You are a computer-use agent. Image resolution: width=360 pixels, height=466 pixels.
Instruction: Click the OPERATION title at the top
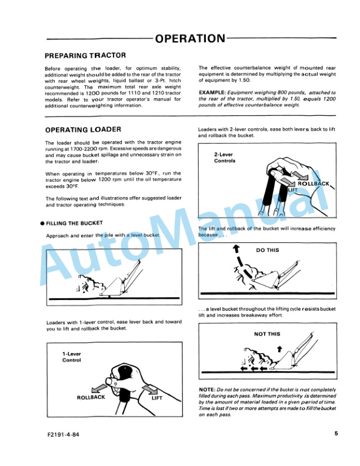190,39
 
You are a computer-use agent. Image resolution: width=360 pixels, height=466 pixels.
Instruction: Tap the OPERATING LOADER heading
83,129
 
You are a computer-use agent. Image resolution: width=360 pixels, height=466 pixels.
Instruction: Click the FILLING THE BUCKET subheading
74,223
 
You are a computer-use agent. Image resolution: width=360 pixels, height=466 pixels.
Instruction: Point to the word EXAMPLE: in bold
212,93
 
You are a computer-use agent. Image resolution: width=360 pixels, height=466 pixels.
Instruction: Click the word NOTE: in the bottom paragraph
208,391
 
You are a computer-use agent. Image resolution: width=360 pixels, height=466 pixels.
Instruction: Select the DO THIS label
268,250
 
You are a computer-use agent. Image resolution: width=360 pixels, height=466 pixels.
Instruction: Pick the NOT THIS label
267,334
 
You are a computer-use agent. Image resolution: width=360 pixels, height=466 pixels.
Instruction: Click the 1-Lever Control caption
72,357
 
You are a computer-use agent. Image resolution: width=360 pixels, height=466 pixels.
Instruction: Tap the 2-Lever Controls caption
225,158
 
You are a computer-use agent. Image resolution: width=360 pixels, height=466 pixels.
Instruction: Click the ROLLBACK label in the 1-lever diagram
91,398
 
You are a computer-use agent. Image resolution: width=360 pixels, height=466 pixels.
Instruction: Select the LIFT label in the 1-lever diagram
157,398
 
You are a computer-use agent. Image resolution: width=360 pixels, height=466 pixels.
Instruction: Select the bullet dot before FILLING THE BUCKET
42,224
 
